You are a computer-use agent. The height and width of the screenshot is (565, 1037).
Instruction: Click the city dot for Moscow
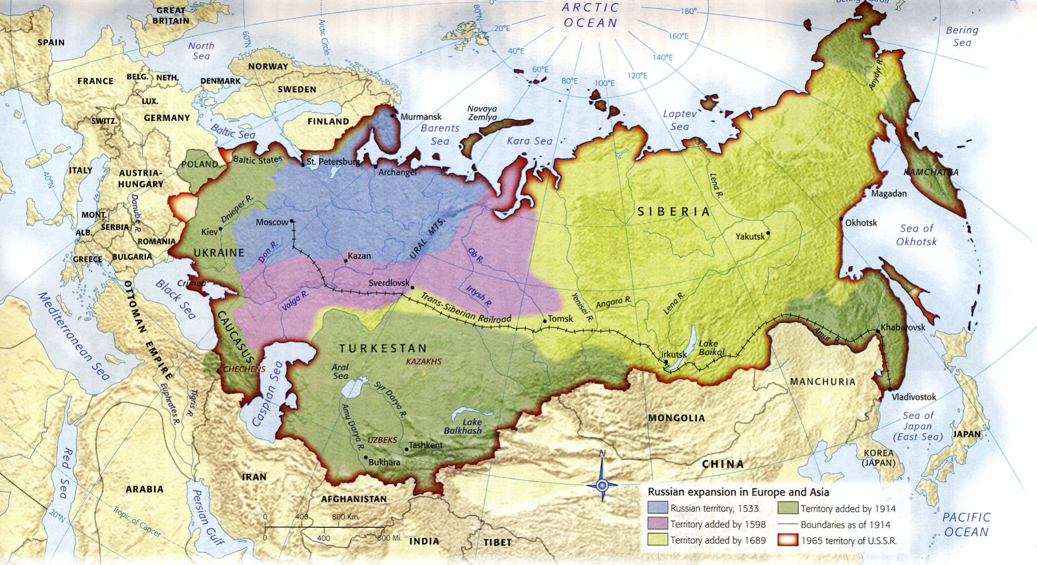292,221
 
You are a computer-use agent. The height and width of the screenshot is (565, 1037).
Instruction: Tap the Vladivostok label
914,397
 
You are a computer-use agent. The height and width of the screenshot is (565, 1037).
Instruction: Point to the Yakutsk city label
750,237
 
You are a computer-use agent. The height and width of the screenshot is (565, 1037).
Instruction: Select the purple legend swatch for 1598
657,524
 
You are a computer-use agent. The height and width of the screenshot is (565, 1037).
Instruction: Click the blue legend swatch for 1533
657,508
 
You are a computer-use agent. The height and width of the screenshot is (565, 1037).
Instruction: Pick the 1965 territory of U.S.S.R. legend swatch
787,540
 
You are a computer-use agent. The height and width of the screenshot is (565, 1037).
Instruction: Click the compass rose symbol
602,485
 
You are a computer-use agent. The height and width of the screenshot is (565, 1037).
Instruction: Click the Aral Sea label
340,371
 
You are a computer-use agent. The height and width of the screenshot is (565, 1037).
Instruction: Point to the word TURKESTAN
383,348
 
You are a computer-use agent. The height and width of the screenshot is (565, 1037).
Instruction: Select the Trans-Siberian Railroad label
465,308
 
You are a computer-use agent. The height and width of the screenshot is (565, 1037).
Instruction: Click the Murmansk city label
421,117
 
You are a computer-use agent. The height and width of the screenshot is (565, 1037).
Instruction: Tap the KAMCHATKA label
931,172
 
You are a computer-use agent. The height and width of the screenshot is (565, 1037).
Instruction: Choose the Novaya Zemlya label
482,113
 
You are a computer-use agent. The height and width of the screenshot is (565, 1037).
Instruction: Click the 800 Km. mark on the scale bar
345,517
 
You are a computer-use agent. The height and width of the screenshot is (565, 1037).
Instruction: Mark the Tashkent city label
425,445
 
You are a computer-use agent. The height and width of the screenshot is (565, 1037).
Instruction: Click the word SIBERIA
673,212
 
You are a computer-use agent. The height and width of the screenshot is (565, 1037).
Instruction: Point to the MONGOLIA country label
676,418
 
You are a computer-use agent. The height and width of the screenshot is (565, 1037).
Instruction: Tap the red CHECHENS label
244,369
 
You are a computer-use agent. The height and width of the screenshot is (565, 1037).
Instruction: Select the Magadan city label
889,194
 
